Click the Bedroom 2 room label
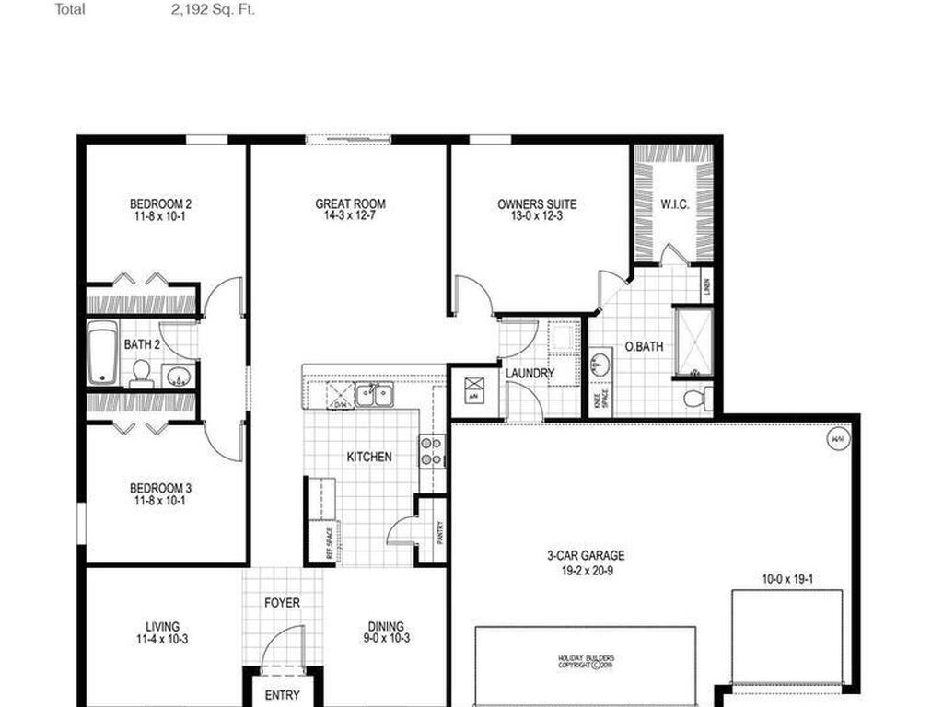(160, 210)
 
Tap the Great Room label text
(350, 210)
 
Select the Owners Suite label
(537, 210)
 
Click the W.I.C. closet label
(674, 204)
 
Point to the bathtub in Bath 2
(101, 353)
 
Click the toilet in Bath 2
(141, 372)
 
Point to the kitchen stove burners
(430, 451)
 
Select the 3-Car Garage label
(585, 562)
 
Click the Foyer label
(282, 603)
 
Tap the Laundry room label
(530, 373)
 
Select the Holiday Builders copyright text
(585, 661)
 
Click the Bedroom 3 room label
(160, 494)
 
